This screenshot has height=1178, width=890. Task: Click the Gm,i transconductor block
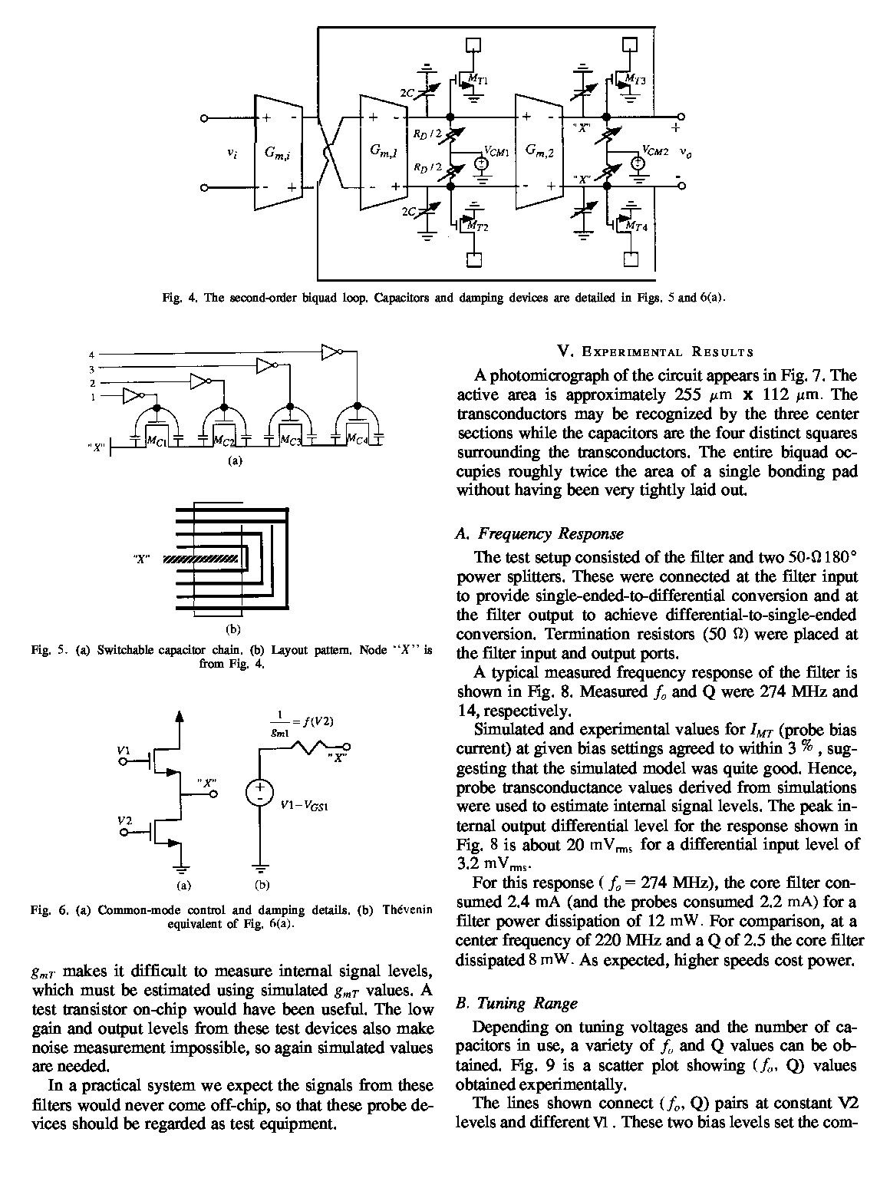tap(277, 153)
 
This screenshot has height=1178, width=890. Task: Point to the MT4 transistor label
tap(636, 226)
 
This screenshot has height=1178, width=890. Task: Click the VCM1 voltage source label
tap(496, 151)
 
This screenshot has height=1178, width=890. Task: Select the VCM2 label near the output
tap(656, 151)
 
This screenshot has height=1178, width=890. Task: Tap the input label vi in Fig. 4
tap(232, 153)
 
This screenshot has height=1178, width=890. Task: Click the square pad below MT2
tap(475, 260)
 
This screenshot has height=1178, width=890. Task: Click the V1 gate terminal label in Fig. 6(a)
tap(124, 748)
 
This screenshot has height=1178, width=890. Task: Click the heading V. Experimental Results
tap(655, 352)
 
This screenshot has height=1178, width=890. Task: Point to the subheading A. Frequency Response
tap(539, 533)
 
